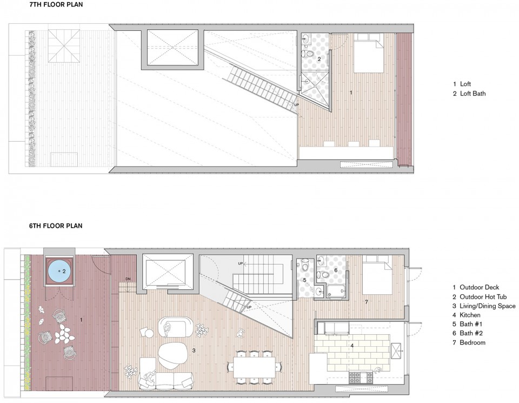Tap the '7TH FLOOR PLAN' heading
click(x=56, y=5)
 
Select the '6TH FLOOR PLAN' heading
click(x=56, y=226)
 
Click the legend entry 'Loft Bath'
click(x=469, y=94)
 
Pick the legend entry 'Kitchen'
click(x=467, y=315)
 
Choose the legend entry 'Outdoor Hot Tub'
click(x=480, y=296)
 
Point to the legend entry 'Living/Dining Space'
click(x=484, y=306)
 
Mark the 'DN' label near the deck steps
click(x=128, y=279)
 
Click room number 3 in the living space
click(x=194, y=351)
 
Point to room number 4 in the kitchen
click(x=352, y=346)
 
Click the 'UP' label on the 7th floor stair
click(x=296, y=105)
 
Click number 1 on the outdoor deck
click(x=82, y=320)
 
